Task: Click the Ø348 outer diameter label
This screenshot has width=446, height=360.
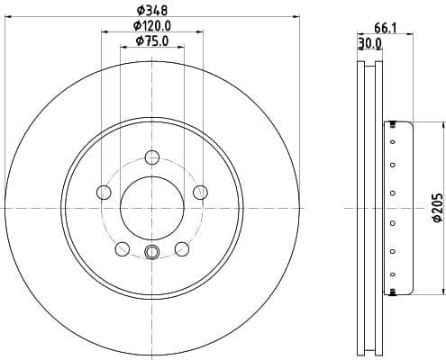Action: [x=152, y=11]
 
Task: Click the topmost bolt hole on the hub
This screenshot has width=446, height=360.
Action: [x=151, y=157]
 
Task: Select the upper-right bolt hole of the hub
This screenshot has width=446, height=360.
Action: [x=200, y=191]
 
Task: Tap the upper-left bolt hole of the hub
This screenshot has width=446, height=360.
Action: [x=104, y=192]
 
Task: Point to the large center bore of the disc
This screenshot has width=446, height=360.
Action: [x=151, y=207]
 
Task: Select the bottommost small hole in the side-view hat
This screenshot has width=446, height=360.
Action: [x=393, y=290]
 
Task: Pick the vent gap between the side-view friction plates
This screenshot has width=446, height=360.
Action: [x=369, y=207]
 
